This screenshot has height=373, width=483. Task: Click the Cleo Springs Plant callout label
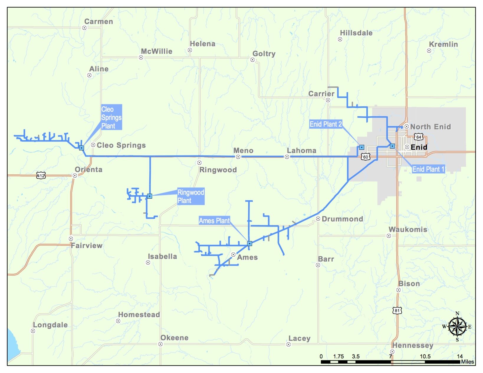111,117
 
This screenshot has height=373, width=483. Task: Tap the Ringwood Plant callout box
190,196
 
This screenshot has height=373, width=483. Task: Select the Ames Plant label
214,221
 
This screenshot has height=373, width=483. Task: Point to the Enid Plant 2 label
326,124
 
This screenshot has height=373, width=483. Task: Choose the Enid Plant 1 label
428,169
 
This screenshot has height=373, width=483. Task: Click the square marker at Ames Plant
249,244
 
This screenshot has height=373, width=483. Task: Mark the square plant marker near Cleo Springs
81,148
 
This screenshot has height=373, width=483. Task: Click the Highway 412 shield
41,176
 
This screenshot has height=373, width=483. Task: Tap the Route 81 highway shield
397,310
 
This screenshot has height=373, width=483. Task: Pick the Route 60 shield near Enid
366,157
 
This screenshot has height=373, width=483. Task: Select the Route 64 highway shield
418,137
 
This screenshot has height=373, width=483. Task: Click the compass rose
457,326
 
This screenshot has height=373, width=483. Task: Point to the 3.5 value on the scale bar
356,356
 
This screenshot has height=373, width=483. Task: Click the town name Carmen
98,22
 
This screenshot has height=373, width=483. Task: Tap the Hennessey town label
413,345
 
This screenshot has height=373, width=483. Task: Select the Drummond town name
342,219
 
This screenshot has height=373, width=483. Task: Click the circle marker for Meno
238,157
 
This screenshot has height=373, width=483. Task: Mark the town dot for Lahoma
287,157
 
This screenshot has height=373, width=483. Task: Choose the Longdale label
50,325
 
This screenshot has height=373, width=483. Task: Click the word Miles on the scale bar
467,362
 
